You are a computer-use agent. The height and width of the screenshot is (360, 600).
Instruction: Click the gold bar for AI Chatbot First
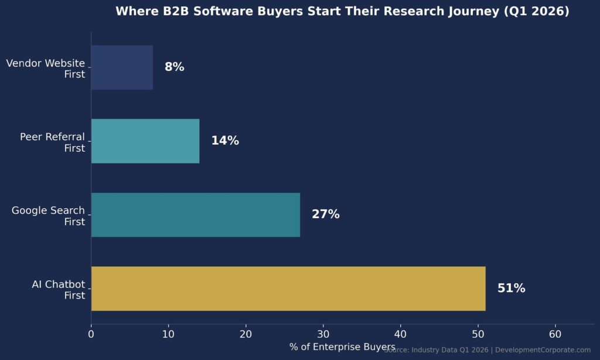(x=288, y=288)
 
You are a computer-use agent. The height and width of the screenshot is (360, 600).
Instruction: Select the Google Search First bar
(x=196, y=215)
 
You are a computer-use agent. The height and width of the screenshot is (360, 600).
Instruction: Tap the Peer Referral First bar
(x=145, y=141)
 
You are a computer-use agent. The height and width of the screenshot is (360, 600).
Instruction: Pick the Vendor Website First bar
(x=122, y=67)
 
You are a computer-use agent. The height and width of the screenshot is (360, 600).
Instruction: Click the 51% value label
(x=511, y=288)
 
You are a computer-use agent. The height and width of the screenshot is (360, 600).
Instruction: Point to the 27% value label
(x=325, y=215)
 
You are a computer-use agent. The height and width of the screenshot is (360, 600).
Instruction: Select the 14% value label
(x=225, y=141)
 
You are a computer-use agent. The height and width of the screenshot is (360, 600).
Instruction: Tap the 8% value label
(x=174, y=67)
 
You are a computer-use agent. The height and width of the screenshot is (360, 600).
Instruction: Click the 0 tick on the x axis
(x=91, y=334)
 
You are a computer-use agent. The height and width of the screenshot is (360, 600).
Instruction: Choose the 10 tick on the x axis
(x=168, y=334)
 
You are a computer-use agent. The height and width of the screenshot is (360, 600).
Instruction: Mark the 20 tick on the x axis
(x=246, y=334)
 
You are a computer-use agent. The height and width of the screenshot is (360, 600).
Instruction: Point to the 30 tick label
(x=323, y=334)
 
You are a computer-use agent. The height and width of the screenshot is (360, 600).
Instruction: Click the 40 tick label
(x=400, y=334)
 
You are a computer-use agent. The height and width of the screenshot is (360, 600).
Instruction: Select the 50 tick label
(x=478, y=334)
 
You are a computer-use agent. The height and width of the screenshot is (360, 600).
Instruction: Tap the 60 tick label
(x=555, y=334)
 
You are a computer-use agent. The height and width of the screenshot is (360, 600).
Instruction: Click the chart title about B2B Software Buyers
(x=342, y=12)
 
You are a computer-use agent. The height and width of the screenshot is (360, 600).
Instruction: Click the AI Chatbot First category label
(x=58, y=290)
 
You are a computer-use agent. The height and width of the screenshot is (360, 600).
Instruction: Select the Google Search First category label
(x=48, y=216)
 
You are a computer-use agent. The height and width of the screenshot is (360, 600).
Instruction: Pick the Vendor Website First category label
(x=46, y=69)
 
